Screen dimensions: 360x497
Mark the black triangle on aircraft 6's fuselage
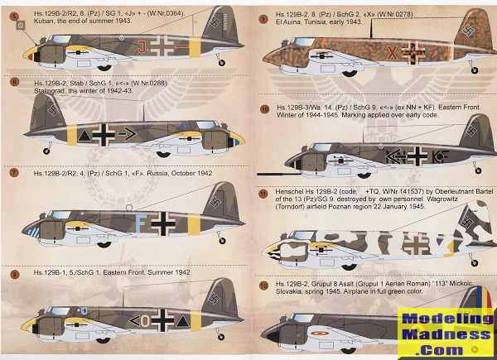click(85, 132)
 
